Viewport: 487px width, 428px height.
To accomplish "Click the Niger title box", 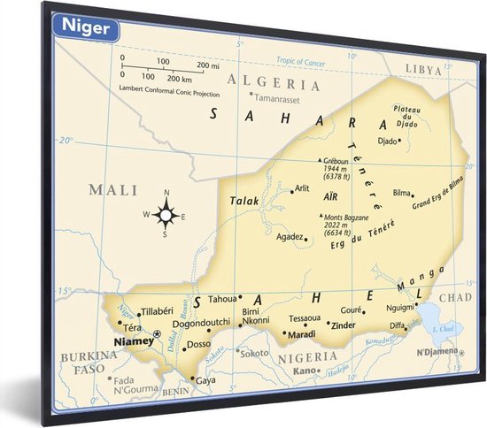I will pos(86,27).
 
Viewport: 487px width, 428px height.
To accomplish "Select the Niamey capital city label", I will pos(132,340).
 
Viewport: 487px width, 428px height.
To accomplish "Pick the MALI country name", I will pos(113,189).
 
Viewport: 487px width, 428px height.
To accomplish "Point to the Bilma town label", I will pos(402,192).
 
